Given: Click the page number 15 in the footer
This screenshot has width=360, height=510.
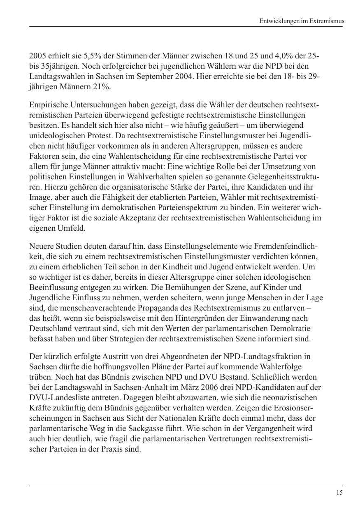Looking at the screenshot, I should [x=339, y=493].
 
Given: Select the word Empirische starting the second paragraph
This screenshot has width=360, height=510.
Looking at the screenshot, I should [x=46, y=105].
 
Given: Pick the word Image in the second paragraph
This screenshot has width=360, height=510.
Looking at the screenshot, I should [x=39, y=197].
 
